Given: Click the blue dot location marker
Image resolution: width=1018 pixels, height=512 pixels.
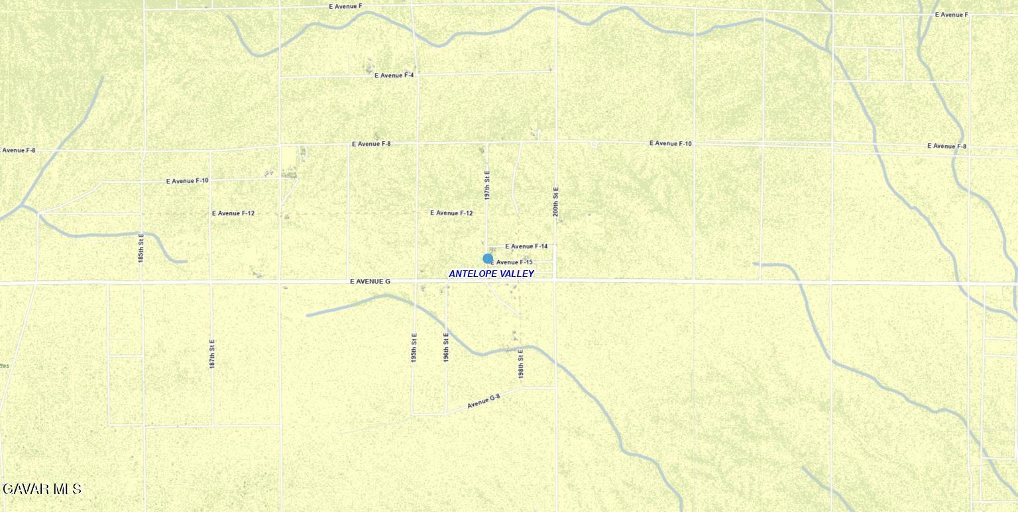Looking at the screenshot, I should click(x=488, y=258).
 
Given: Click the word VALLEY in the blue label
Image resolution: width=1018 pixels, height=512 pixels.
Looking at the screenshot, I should click(x=518, y=274).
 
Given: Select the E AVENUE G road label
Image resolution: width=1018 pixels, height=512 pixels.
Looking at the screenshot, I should click(x=370, y=282).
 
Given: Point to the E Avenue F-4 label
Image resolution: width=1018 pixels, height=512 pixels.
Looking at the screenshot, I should click(x=394, y=76).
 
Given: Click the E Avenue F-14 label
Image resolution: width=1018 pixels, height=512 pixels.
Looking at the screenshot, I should click(x=526, y=246).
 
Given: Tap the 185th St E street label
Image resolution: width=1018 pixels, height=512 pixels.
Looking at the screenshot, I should click(x=141, y=248).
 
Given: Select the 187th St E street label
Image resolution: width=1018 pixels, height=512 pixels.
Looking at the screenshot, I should click(x=212, y=354).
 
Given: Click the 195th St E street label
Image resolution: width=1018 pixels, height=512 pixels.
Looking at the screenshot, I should click(x=414, y=347).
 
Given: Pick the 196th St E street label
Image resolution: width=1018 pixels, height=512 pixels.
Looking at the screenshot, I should click(x=446, y=347).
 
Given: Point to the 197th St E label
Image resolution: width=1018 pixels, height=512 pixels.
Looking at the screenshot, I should click(x=487, y=185).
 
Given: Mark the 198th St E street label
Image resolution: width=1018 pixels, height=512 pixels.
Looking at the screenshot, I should click(x=521, y=364).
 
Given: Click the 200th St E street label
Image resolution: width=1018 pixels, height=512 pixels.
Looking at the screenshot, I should click(x=556, y=201).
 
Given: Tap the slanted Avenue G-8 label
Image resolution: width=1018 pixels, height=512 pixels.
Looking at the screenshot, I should click(x=483, y=401).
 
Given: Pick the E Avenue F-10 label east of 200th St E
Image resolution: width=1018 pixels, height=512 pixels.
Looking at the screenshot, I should click(x=670, y=143).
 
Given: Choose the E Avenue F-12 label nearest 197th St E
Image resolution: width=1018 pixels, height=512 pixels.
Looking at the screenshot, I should click(x=451, y=213).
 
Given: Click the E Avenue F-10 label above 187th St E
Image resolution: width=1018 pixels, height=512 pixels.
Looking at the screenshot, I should click(x=187, y=181).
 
